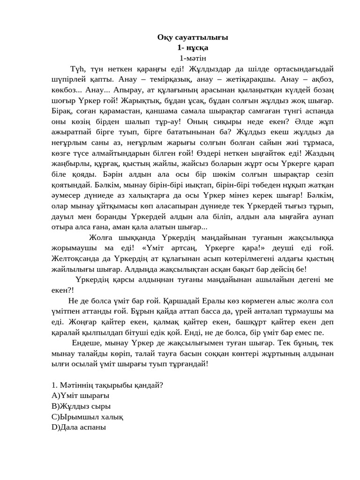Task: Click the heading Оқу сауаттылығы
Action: click(x=193, y=37)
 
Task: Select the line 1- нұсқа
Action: click(x=193, y=47)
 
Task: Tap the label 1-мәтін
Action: click(x=193, y=58)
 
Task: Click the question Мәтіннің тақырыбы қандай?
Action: click(x=107, y=385)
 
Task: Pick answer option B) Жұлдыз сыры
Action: click(x=82, y=406)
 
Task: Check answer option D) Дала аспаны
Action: click(x=79, y=427)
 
